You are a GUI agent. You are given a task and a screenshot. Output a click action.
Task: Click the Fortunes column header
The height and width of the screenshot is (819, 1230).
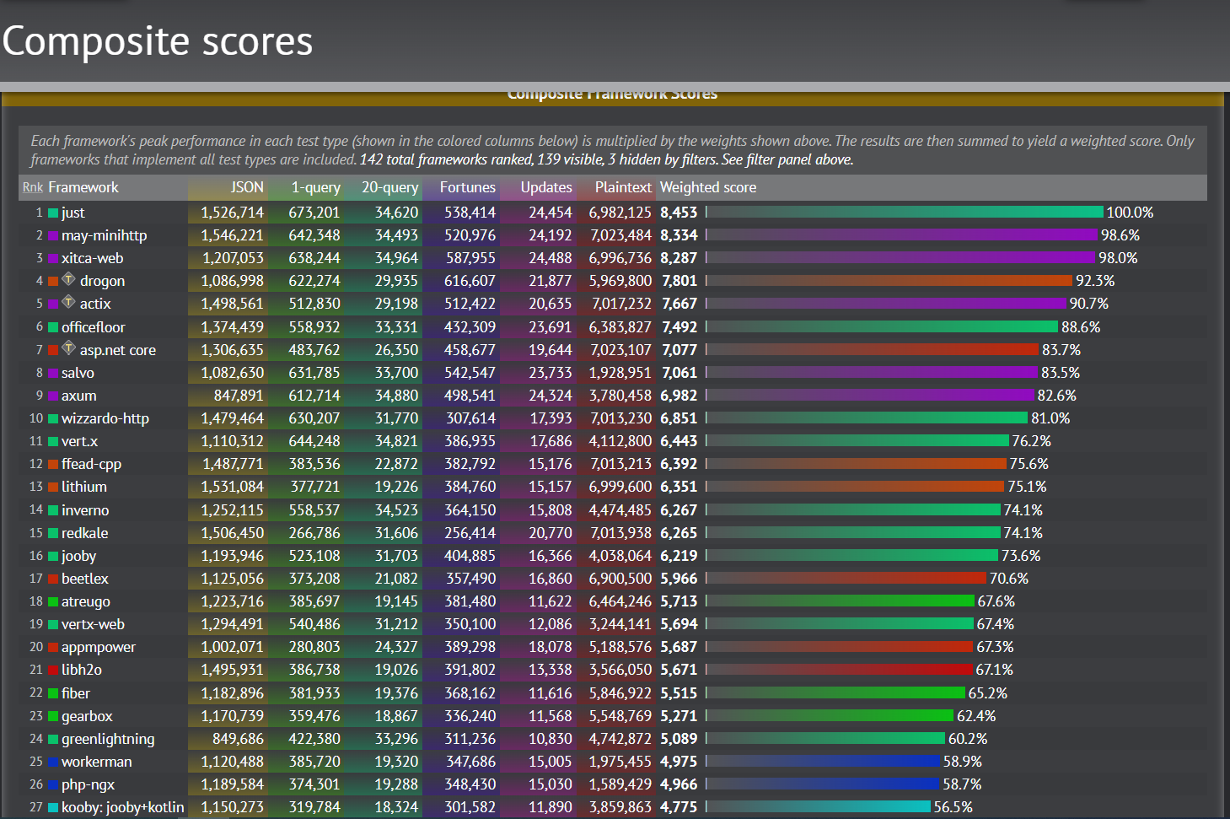[467, 187]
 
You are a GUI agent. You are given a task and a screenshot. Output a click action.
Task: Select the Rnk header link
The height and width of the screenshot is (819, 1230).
[33, 187]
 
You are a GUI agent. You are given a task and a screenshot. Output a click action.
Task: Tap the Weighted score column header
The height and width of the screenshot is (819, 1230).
[707, 187]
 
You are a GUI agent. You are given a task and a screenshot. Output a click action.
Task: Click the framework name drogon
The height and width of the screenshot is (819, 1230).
[102, 281]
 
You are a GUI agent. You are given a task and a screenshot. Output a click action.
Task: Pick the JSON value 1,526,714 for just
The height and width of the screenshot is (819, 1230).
[232, 213]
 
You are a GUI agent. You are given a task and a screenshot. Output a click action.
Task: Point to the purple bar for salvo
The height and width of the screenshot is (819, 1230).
[872, 373]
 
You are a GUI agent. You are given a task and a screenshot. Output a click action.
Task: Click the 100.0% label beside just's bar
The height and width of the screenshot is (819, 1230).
[1129, 213]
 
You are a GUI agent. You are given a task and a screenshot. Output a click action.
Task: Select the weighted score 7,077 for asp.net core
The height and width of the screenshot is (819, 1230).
[679, 350]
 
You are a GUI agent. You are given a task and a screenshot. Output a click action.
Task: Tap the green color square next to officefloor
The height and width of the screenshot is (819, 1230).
[53, 327]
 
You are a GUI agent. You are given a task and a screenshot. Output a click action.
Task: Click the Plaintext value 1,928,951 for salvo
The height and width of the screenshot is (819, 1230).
[620, 373]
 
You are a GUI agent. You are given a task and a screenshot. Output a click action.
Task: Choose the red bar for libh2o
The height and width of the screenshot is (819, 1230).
[839, 670]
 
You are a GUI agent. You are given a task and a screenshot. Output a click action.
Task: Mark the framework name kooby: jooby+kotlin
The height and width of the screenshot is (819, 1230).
[122, 807]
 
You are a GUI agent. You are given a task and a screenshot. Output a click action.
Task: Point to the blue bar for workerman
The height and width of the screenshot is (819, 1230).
[823, 762]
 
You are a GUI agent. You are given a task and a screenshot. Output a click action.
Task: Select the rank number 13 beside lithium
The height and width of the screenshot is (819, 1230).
[35, 487]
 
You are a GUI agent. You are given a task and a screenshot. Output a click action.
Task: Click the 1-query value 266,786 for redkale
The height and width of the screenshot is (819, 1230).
[314, 533]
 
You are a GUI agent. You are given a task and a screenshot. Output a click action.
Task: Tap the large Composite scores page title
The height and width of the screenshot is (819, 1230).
[158, 41]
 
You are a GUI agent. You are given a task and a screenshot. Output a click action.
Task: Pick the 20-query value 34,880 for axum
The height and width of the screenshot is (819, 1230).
[396, 396]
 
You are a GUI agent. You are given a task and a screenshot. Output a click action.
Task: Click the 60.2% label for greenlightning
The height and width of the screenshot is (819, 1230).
[967, 739]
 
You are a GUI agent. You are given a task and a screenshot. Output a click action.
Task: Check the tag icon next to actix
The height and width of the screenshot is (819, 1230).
[69, 302]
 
